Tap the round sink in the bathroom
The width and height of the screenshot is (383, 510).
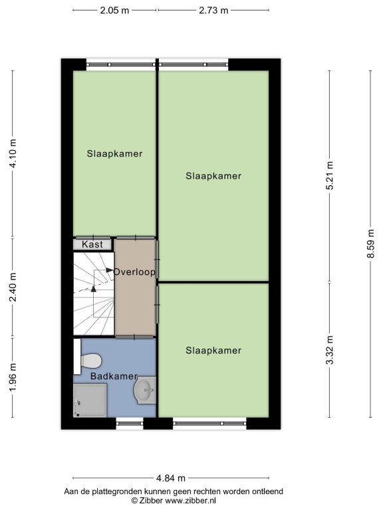(x=145, y=390)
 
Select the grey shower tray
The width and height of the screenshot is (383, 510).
(x=90, y=400)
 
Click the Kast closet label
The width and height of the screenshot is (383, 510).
(x=92, y=244)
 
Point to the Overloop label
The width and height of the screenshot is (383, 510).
(x=134, y=272)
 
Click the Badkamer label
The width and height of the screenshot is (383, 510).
(x=114, y=377)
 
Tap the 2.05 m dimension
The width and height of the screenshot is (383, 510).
(x=114, y=11)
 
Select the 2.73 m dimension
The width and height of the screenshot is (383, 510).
(x=213, y=11)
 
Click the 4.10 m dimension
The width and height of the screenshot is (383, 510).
(x=13, y=153)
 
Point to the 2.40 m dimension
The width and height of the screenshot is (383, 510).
(x=13, y=288)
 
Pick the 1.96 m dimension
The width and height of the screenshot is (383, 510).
(x=13, y=378)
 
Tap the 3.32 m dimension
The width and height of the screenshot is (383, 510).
(x=330, y=351)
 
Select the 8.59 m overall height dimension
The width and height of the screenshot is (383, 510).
(x=370, y=244)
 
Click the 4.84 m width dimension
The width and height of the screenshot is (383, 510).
(x=171, y=478)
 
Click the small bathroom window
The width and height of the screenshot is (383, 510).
(x=130, y=424)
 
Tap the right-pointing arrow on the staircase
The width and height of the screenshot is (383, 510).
(x=110, y=270)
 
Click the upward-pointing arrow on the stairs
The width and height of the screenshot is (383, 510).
(x=94, y=288)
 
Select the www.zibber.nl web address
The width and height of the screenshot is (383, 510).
(x=191, y=501)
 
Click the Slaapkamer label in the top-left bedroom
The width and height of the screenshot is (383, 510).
(x=114, y=153)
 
